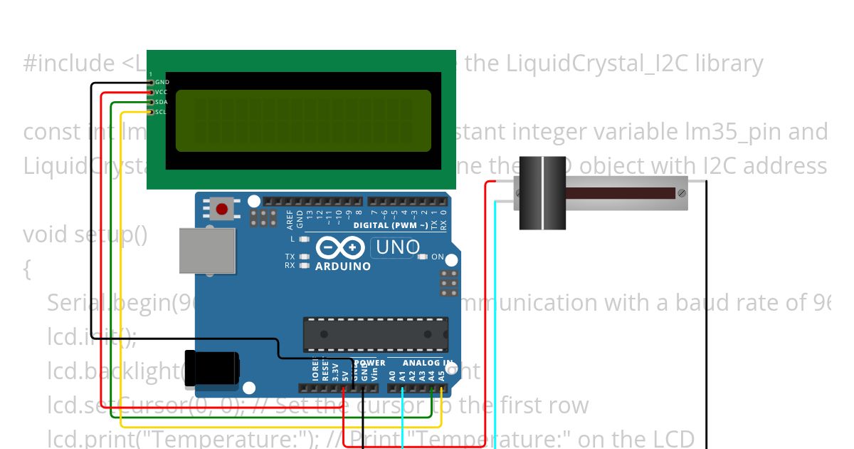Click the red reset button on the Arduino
pyautogui.click(x=222, y=209)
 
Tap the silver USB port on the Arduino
pyautogui.click(x=206, y=251)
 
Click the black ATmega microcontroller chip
pyautogui.click(x=376, y=334)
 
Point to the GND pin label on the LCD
pyautogui.click(x=162, y=83)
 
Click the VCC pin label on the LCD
pyautogui.click(x=162, y=92)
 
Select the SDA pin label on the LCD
pyautogui.click(x=162, y=102)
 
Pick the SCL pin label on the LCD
pyautogui.click(x=162, y=112)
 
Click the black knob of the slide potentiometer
pyautogui.click(x=543, y=192)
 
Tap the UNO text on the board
pyautogui.click(x=399, y=248)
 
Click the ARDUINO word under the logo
pyautogui.click(x=342, y=267)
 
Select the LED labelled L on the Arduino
pyautogui.click(x=305, y=239)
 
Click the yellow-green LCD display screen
pyautogui.click(x=303, y=120)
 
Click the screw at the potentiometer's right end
pyautogui.click(x=682, y=192)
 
